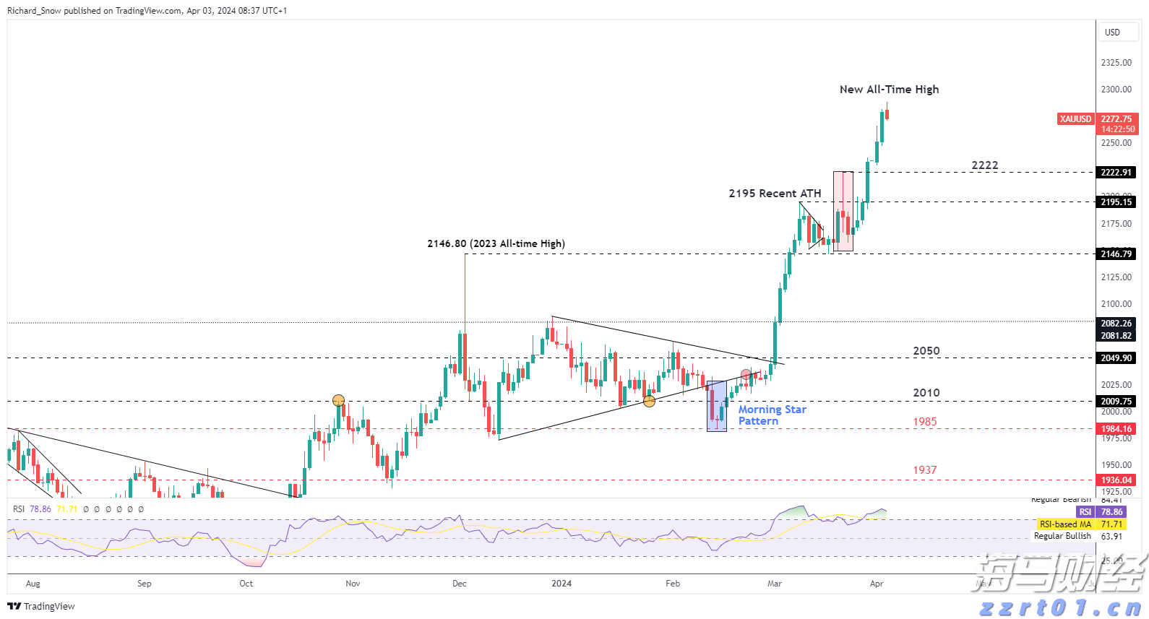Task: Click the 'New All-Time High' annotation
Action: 889,90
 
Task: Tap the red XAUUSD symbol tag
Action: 1075,119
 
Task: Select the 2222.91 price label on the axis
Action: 1116,173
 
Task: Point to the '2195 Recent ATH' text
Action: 775,194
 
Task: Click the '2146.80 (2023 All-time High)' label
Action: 496,244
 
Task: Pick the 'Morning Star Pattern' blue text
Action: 772,415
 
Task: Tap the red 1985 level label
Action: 924,422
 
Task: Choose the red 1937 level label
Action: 924,470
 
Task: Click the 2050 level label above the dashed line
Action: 926,351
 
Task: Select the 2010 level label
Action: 926,393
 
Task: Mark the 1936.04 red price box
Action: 1116,480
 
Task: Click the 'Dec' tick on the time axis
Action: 460,584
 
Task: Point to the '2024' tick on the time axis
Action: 561,584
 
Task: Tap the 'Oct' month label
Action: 246,584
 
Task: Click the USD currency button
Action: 1112,33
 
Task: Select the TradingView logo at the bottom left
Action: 41,606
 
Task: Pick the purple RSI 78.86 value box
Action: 1111,512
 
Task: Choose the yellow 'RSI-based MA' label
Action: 1065,524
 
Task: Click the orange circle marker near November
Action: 338,400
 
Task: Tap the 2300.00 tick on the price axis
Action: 1116,90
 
